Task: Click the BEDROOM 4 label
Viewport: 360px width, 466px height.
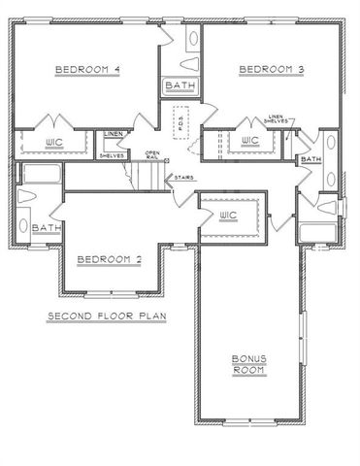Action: [x=87, y=70]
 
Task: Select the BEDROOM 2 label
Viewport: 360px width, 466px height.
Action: [x=110, y=259]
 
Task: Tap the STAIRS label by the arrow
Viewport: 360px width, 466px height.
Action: [x=182, y=177]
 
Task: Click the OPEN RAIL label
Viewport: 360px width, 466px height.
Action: [x=152, y=155]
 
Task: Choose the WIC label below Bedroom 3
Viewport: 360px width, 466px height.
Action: [x=249, y=141]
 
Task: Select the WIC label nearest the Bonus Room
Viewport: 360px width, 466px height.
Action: [x=229, y=213]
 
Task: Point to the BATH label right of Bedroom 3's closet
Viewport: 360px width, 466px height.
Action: [x=311, y=158]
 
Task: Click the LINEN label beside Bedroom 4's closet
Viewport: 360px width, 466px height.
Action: [x=113, y=135]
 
